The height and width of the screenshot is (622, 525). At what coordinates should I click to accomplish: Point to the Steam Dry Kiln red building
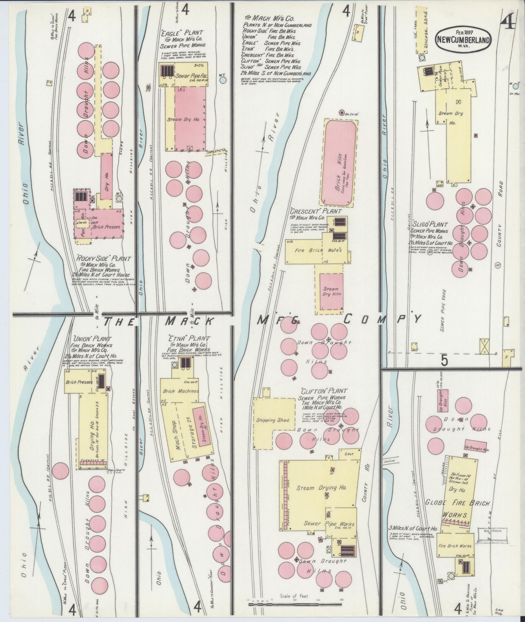[x=331, y=291]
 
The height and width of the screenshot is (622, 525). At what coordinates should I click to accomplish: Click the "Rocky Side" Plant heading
[x=104, y=259]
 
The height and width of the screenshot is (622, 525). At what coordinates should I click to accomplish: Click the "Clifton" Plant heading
[x=324, y=391]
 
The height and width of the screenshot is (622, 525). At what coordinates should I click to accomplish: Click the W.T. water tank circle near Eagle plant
[x=222, y=80]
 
